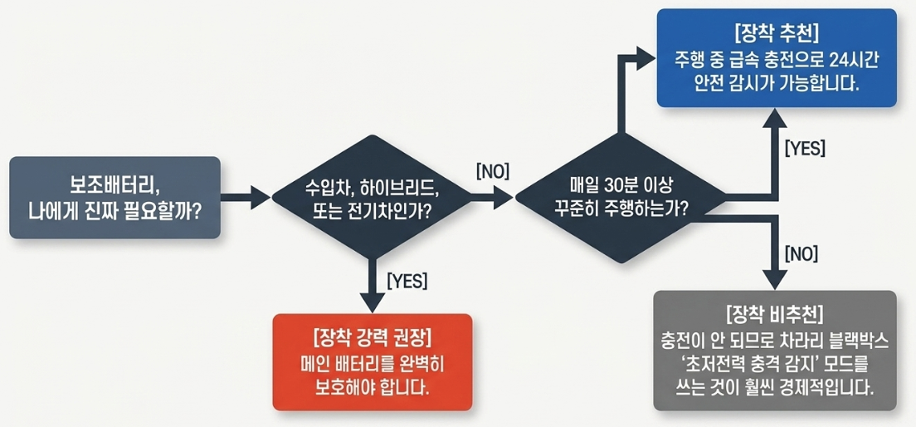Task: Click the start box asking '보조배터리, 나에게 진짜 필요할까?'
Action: [x=115, y=197]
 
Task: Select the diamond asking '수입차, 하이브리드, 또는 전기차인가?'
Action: [x=372, y=197]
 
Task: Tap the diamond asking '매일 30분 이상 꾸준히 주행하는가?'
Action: [x=621, y=197]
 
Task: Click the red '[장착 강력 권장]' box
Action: [x=372, y=362]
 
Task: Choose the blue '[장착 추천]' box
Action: [x=777, y=58]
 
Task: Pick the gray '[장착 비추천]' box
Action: [x=775, y=351]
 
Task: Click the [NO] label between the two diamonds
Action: [x=493, y=171]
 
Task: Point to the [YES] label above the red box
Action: [x=407, y=281]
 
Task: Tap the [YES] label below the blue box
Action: [x=804, y=149]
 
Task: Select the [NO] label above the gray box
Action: [x=801, y=253]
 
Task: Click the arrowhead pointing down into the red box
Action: [x=372, y=302]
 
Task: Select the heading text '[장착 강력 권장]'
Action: [x=372, y=337]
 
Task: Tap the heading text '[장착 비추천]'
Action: [x=775, y=316]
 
